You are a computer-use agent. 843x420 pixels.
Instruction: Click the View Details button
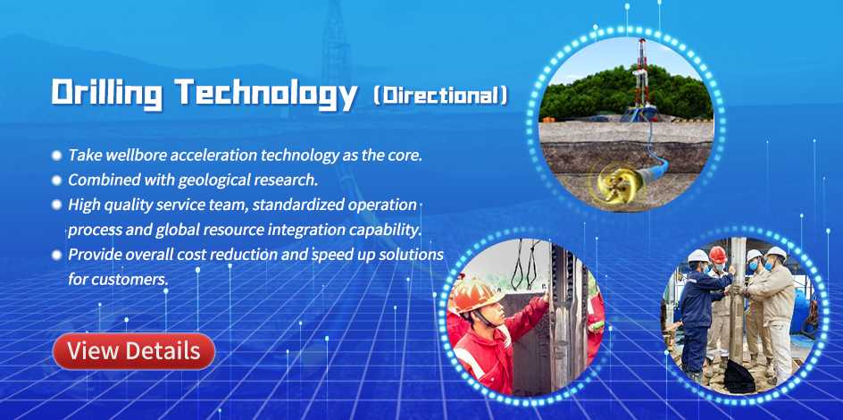pos(134,351)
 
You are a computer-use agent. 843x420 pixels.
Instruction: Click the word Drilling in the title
pos(107,94)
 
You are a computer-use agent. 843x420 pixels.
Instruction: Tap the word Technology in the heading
pos(267,94)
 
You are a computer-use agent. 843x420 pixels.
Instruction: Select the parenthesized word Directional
pos(440,96)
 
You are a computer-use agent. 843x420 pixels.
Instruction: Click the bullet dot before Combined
pos(56,181)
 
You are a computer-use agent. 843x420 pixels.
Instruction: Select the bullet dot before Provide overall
pos(56,255)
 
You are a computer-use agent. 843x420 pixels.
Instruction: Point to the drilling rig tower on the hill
pos(640,80)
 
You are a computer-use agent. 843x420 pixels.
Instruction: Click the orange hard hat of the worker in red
pos(475,295)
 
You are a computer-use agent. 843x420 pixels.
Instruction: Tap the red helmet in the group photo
pos(718,254)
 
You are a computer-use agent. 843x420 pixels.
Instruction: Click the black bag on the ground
pos(739,376)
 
